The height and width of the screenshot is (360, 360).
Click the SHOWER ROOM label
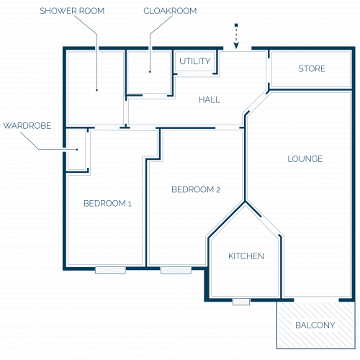72,11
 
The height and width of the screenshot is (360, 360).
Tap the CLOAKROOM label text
170,11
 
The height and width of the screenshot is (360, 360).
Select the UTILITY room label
195,61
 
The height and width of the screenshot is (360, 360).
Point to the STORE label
312,69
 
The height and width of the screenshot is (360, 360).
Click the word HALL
210,99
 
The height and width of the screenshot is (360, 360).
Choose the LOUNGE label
305,159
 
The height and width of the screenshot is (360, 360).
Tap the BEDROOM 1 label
107,204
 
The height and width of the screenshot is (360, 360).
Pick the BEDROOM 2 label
196,189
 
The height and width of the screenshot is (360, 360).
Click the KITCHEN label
246,256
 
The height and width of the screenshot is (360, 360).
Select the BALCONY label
315,325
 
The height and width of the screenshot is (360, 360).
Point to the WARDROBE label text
27,126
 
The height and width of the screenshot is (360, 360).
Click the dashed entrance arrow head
236,45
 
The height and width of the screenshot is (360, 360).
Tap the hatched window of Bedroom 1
110,270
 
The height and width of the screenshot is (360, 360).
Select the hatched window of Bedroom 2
176,270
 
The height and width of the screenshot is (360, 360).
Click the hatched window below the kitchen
241,302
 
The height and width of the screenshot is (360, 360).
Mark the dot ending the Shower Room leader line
96,90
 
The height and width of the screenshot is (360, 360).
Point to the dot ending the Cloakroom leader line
150,71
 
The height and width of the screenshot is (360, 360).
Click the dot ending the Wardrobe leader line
77,150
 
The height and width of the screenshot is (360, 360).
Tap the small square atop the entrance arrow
236,25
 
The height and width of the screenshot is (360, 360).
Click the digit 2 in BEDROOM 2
218,190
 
